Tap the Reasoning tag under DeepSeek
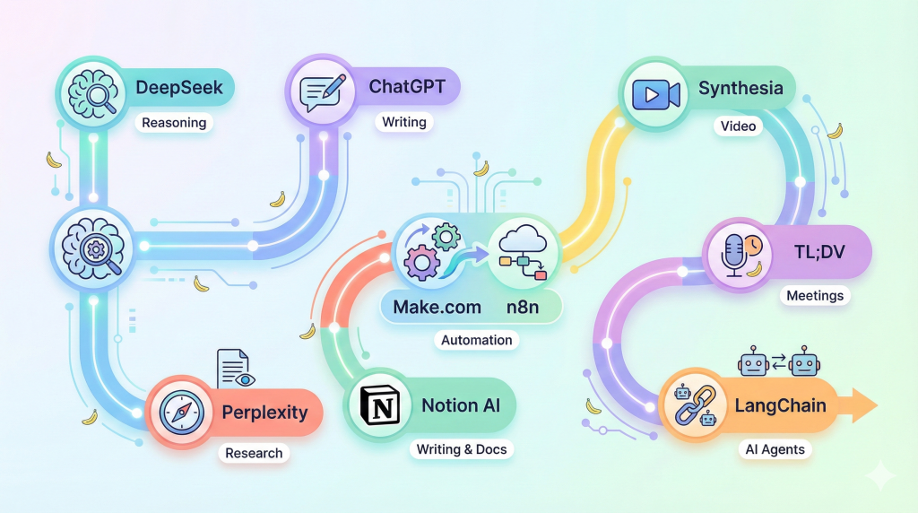click(x=175, y=123)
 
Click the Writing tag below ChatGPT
click(x=403, y=121)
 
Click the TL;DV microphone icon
click(x=737, y=251)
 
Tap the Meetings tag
click(x=815, y=295)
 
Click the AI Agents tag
click(x=775, y=449)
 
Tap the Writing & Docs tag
click(x=462, y=448)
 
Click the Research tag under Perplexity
click(x=254, y=453)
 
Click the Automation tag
click(x=477, y=340)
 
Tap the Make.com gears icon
click(x=430, y=252)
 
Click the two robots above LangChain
click(x=779, y=363)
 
